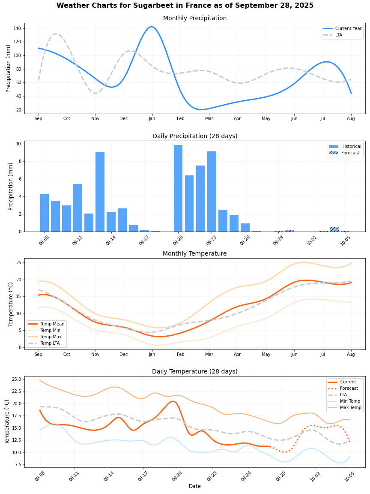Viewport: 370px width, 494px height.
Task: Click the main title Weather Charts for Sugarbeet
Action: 185,6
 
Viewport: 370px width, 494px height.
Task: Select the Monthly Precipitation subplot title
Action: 195,18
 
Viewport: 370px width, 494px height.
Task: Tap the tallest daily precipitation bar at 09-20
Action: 178,188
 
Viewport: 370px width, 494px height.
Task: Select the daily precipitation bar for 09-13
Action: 100,192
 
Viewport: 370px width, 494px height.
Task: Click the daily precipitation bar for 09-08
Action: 44,213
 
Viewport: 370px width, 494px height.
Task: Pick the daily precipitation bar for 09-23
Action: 212,191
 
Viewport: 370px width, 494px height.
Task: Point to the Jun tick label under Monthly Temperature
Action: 294,354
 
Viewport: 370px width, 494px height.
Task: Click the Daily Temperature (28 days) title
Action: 195,371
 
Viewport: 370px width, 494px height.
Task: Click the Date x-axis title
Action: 195,486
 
